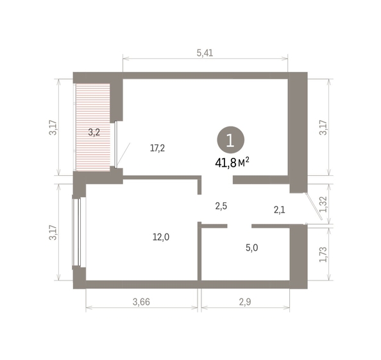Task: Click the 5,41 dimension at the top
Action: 205,53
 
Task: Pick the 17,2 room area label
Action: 158,148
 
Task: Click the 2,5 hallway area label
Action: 221,206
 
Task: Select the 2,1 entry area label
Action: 280,209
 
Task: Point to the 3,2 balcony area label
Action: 94,133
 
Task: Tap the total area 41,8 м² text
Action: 232,162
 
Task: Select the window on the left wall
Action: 77,232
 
